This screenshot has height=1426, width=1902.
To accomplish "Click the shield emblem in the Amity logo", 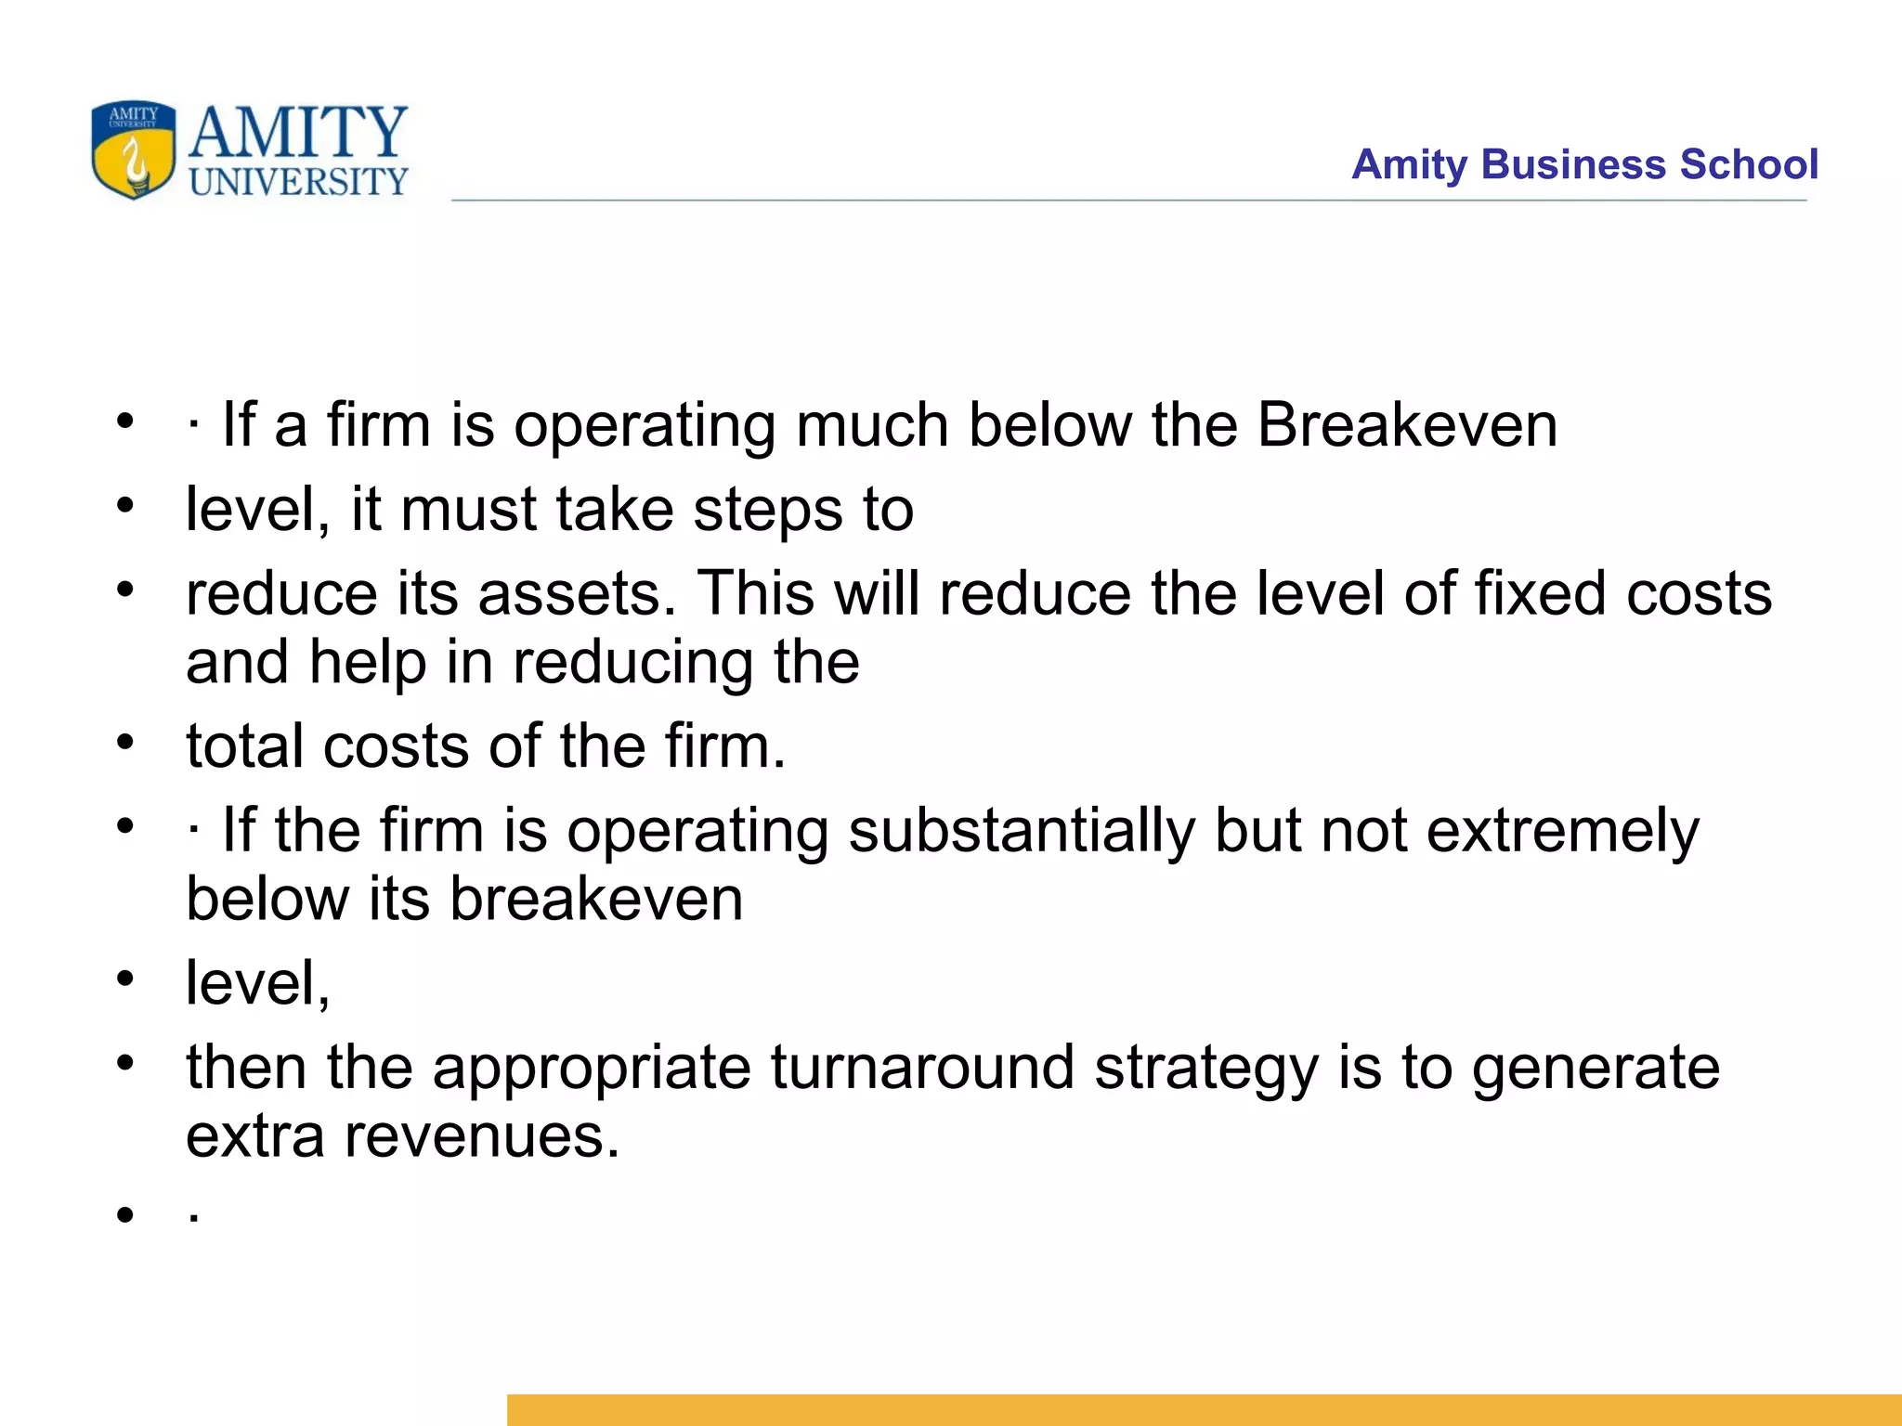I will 134,149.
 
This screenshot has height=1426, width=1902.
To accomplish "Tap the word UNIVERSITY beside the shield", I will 298,181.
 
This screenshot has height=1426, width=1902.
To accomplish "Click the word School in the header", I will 1749,164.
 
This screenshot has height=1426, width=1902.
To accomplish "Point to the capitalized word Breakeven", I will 1407,425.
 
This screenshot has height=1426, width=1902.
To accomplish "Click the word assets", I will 577,593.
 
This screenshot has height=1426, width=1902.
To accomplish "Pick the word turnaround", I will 921,1067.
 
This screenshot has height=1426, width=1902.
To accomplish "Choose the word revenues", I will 481,1135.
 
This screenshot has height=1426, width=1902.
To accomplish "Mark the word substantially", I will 1022,830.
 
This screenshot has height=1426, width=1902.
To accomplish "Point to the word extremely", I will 1562,830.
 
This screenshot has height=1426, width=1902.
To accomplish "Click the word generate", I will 1596,1067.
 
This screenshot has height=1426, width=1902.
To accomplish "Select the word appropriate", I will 591,1067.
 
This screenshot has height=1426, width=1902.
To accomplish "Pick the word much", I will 871,425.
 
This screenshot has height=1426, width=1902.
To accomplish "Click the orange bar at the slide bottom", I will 1204,1409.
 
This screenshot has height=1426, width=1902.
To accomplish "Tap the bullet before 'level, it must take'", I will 125,507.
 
